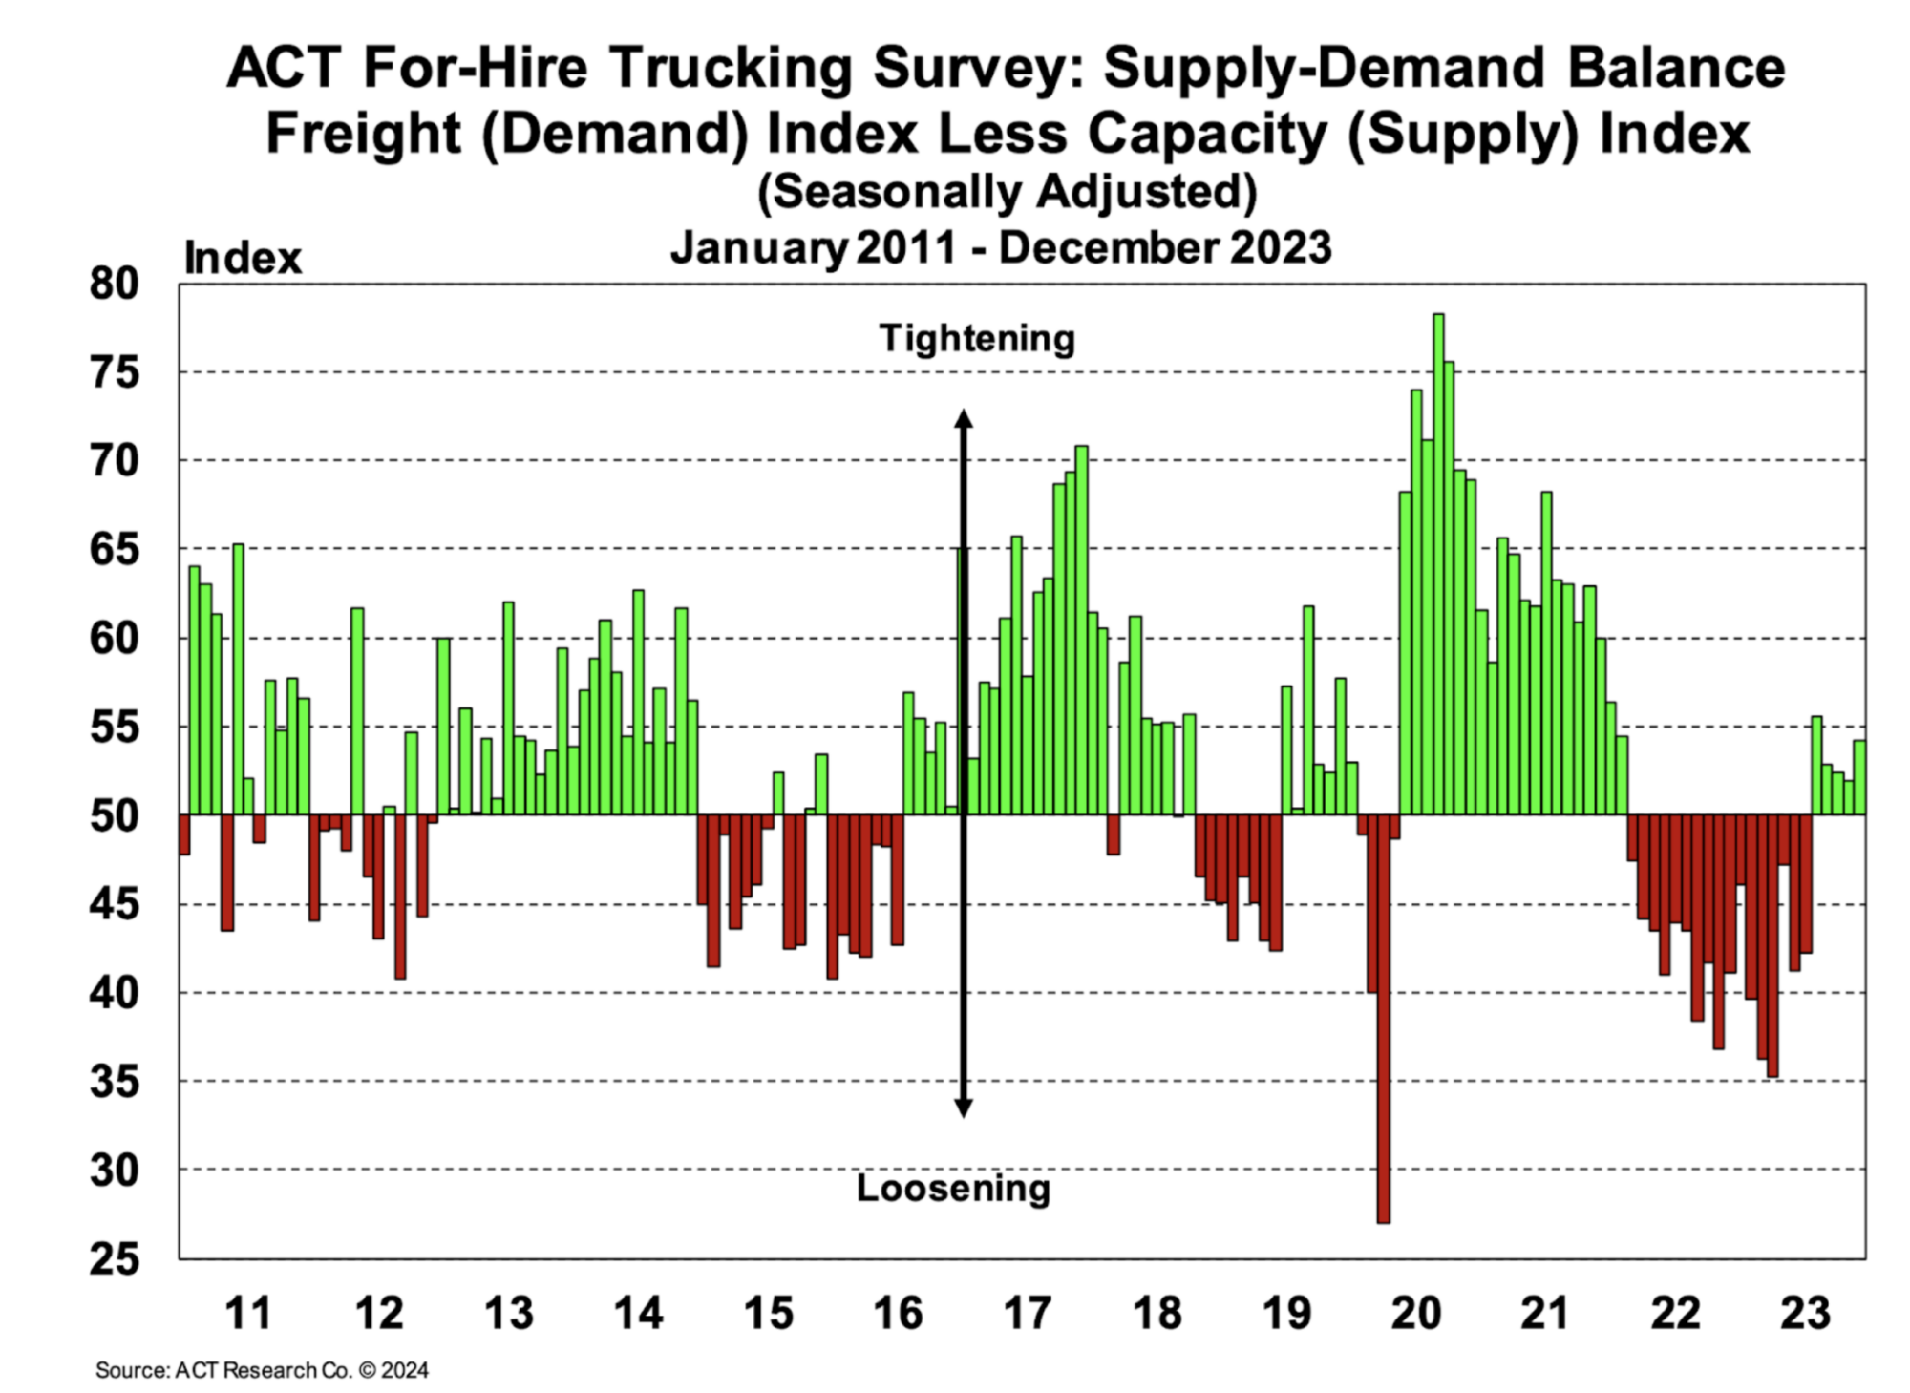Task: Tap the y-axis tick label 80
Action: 114,285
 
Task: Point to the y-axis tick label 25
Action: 114,1259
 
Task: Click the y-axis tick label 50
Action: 114,816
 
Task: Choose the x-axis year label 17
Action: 1028,1313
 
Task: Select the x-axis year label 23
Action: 1805,1313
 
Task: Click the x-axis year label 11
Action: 248,1313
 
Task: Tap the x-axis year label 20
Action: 1415,1313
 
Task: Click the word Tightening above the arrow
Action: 977,339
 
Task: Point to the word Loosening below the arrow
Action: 953,1189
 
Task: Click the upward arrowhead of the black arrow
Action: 964,419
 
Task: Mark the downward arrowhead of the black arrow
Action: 964,1108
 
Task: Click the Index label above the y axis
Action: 243,259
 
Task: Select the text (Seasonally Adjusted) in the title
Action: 1007,192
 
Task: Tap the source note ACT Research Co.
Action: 263,1370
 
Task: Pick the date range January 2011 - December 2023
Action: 1001,248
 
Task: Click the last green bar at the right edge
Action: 1859,777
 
